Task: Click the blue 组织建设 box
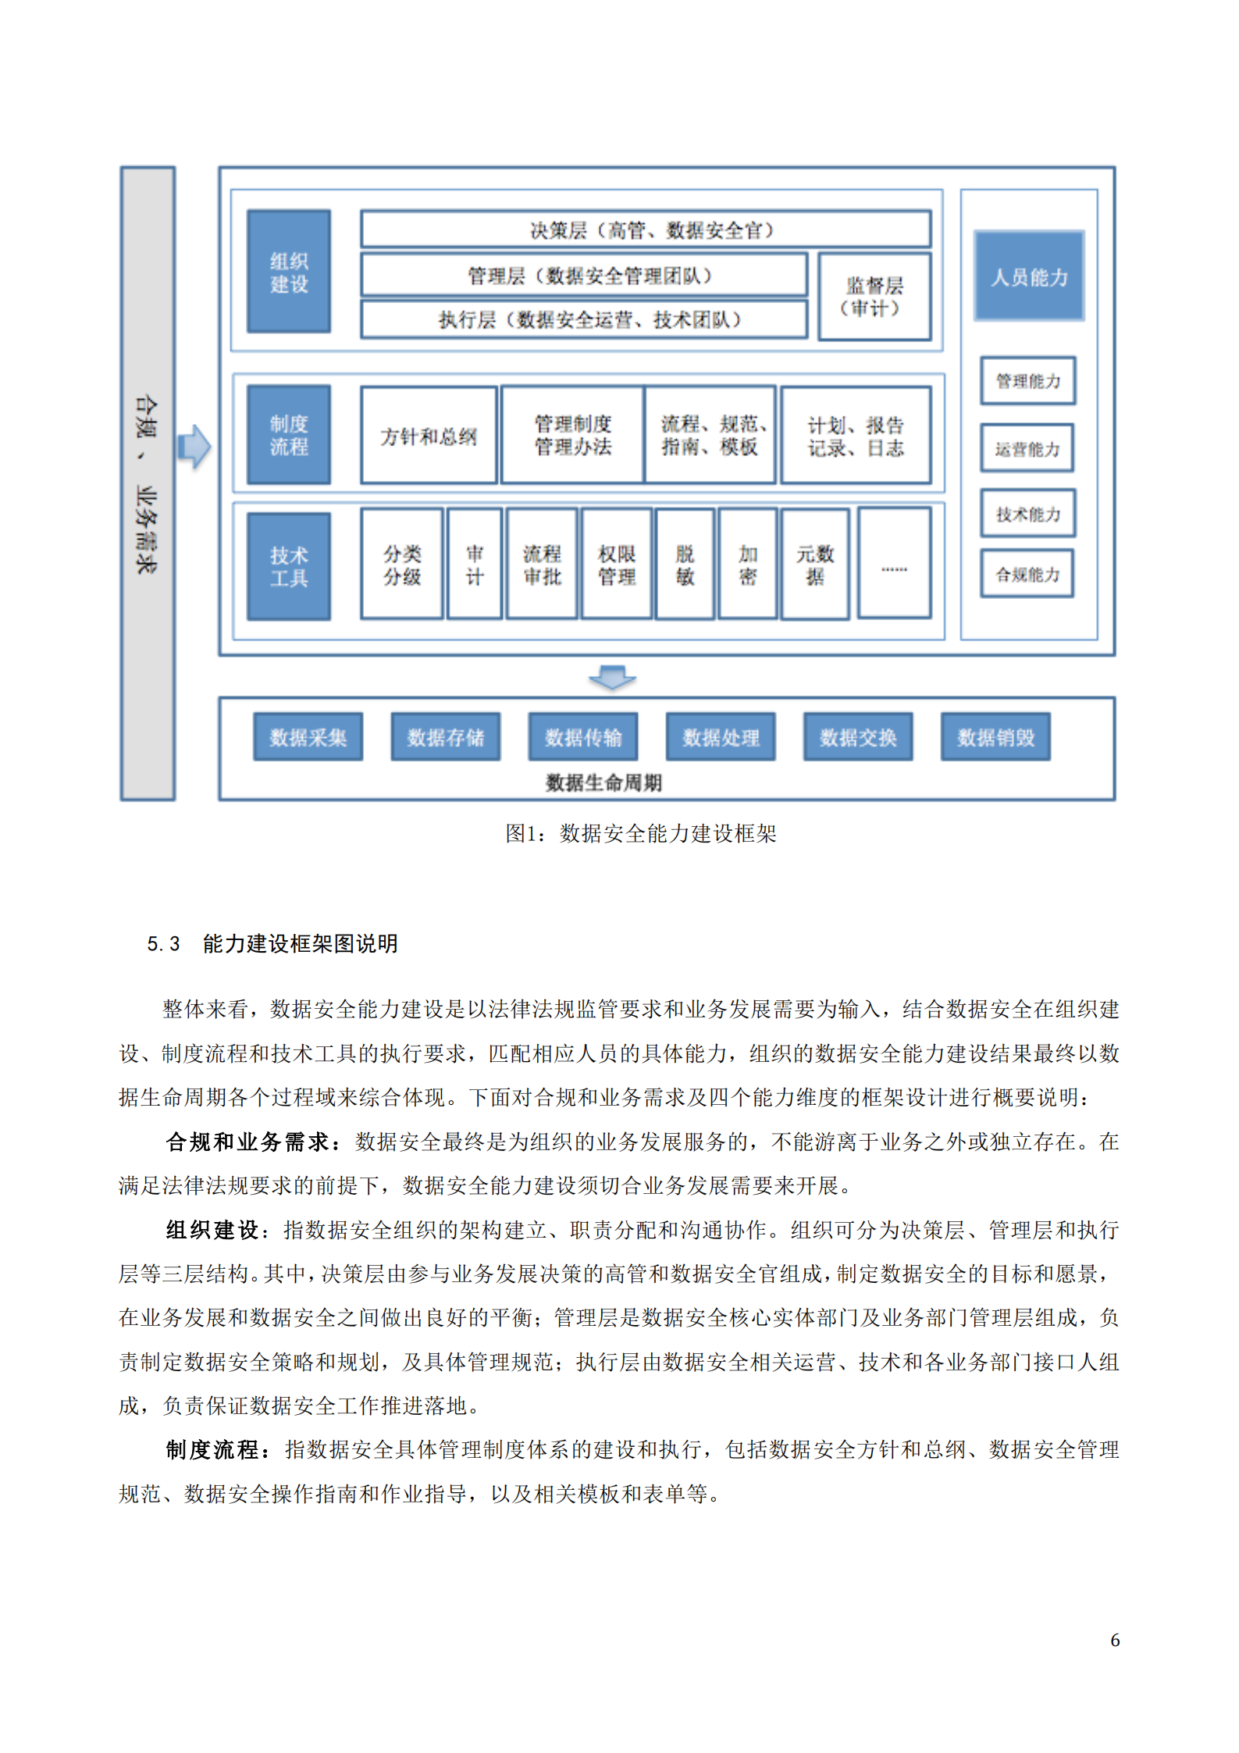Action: tap(288, 271)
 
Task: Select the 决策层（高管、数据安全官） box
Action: tap(645, 230)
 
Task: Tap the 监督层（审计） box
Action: tap(874, 297)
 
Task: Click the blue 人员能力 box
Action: tap(1028, 276)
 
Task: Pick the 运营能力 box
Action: tap(1027, 448)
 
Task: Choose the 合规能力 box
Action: tap(1027, 574)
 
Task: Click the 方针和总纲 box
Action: tap(428, 436)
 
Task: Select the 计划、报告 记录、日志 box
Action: tap(855, 436)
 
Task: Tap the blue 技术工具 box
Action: tap(288, 566)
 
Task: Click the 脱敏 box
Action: tap(684, 565)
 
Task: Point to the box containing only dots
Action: tap(893, 563)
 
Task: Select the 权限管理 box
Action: tap(616, 565)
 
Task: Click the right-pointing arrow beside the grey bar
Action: tap(194, 447)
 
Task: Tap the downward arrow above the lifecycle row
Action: tap(611, 677)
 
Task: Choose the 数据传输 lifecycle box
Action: tap(582, 736)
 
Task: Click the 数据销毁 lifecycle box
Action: tap(995, 736)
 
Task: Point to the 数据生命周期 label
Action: tap(603, 782)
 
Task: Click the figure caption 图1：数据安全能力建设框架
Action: tap(640, 833)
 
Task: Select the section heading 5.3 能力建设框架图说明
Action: tap(272, 943)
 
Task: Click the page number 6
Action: tap(1114, 1640)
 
